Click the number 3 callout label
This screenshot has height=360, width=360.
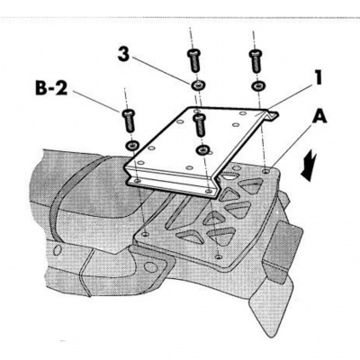click(x=124, y=56)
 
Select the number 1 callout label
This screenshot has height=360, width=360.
click(x=318, y=77)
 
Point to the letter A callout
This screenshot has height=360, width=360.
click(x=319, y=118)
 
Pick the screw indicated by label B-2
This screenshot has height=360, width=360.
click(x=128, y=121)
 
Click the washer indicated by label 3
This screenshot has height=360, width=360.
click(x=196, y=85)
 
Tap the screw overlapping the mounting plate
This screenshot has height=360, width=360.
click(x=200, y=125)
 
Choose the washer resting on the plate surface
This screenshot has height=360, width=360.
click(x=202, y=149)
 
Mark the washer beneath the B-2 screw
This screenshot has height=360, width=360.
click(x=132, y=145)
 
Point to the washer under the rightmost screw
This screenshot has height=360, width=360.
click(x=257, y=86)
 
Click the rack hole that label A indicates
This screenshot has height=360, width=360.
click(x=265, y=171)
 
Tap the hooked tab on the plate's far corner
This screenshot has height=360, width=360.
click(x=271, y=116)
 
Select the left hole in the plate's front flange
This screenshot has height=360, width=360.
click(x=138, y=181)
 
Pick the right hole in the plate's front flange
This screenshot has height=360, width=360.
click(x=208, y=191)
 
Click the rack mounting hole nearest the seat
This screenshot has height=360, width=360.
click(x=146, y=233)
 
